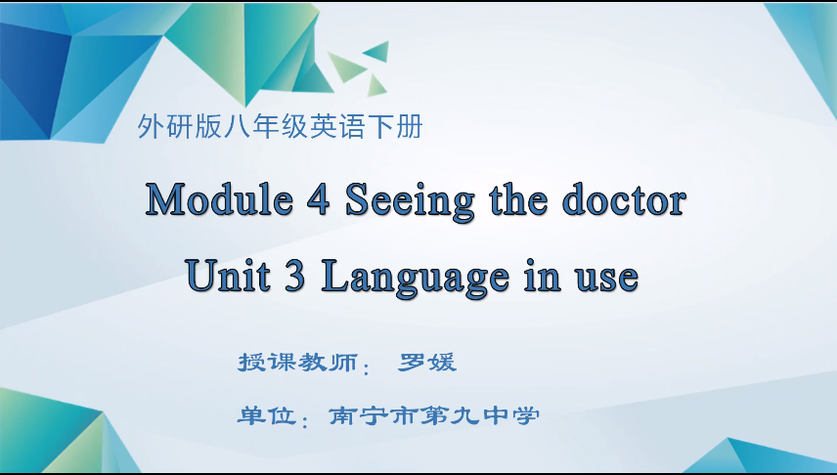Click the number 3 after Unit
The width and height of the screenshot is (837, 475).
click(x=295, y=276)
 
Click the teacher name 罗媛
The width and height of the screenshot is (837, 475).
click(x=428, y=362)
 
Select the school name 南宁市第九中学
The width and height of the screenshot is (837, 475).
click(x=434, y=415)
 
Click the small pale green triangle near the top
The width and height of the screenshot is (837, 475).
click(x=345, y=66)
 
